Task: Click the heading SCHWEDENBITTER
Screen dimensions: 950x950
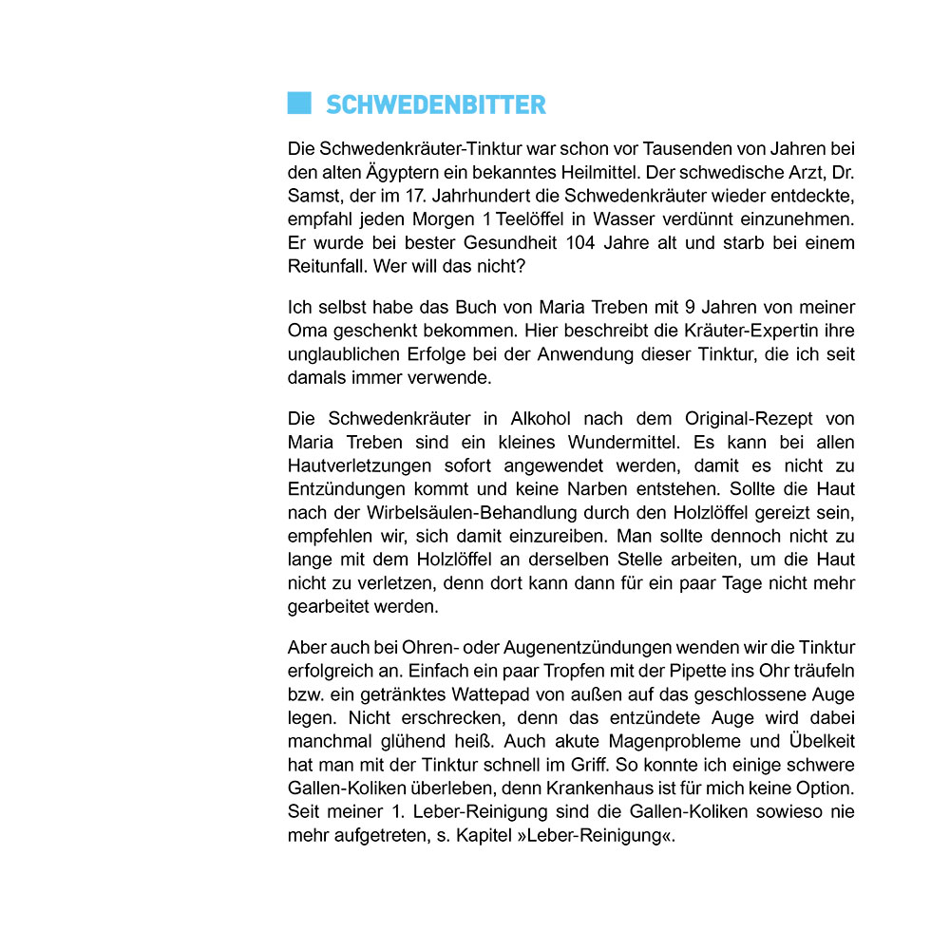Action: (x=436, y=104)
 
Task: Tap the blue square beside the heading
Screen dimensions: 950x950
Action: (x=299, y=104)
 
